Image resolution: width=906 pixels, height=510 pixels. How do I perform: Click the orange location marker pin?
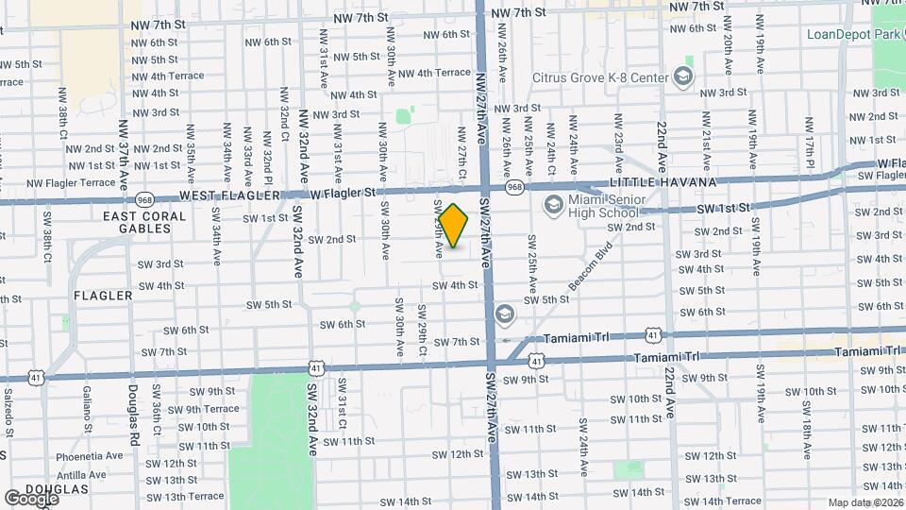(454, 226)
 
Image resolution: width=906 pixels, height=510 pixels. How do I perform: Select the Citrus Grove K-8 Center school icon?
(683, 76)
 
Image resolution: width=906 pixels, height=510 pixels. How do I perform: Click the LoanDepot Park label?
(848, 34)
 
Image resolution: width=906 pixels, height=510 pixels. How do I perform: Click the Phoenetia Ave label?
(89, 454)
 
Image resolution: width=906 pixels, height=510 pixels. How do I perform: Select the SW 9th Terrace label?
(205, 409)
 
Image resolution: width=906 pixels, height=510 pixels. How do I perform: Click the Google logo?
(31, 498)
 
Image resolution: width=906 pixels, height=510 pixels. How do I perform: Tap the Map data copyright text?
(864, 502)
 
